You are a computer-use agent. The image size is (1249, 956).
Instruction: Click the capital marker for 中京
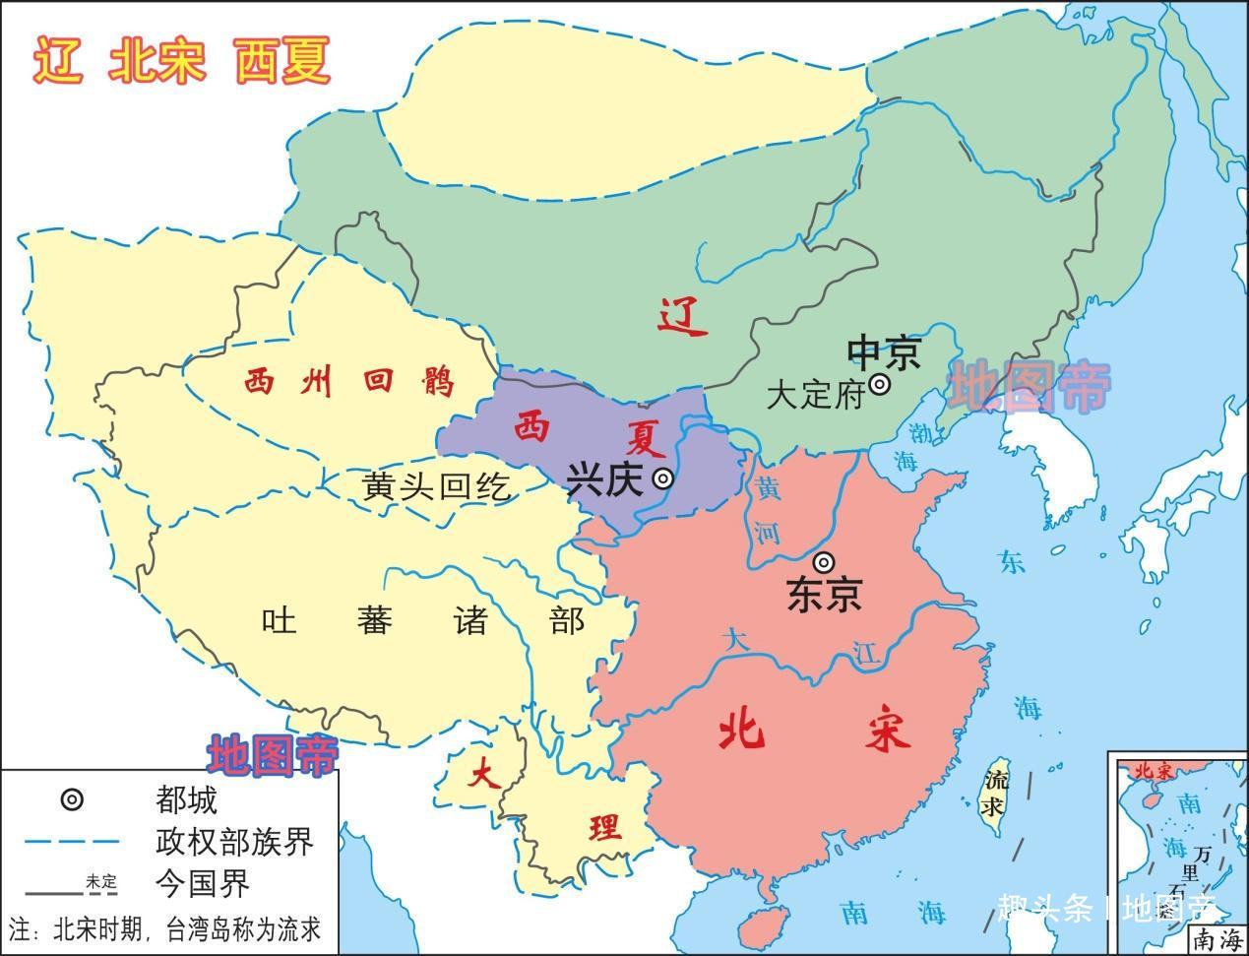(x=880, y=385)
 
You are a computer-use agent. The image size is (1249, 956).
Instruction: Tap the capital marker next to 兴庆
(x=664, y=478)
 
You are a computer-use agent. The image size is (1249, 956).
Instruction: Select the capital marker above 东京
(x=825, y=562)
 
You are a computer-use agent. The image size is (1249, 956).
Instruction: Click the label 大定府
(x=814, y=395)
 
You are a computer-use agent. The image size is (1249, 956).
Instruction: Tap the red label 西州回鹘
(x=349, y=381)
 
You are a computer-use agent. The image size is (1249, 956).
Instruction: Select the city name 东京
(x=825, y=594)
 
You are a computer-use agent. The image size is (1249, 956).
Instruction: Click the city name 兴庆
(x=604, y=479)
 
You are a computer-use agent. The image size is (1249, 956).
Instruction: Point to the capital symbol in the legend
(x=72, y=799)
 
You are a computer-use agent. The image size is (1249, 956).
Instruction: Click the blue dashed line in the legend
(x=72, y=842)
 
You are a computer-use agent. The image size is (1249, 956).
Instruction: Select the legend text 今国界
(x=202, y=883)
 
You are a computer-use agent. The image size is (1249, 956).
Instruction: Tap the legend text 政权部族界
(x=234, y=842)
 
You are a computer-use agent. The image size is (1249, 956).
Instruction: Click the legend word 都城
(x=186, y=798)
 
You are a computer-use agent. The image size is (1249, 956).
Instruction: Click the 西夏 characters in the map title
(x=282, y=61)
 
